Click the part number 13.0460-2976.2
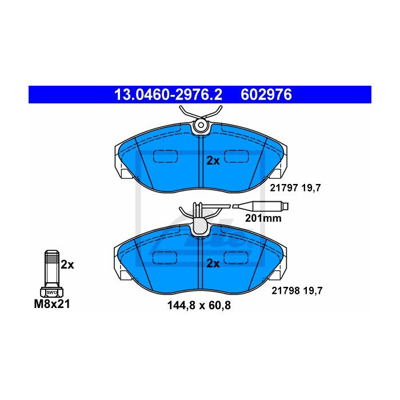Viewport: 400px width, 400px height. coord(168,95)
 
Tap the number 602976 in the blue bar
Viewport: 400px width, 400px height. coord(266,95)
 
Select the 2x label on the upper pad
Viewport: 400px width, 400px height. coord(213,161)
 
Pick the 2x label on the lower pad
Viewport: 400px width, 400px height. coord(213,263)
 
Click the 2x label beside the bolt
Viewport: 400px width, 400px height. coord(67,265)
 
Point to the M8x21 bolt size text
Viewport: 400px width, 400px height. coord(52,304)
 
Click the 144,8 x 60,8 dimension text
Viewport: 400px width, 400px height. coord(199,305)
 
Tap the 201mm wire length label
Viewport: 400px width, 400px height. coord(263,218)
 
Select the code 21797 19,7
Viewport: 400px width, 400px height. coord(295,188)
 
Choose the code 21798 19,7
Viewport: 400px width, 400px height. coord(297,290)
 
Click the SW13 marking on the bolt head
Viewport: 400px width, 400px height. coord(52,293)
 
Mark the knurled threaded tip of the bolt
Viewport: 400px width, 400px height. coord(52,257)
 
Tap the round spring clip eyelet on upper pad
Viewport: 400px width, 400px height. coord(201,125)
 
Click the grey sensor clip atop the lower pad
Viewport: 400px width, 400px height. coord(200,225)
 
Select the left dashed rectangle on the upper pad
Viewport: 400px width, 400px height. coord(165,156)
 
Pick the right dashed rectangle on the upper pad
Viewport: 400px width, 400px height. coord(236,156)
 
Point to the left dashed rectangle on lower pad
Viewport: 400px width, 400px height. coord(165,258)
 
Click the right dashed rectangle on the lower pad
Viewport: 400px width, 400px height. coord(236,258)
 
